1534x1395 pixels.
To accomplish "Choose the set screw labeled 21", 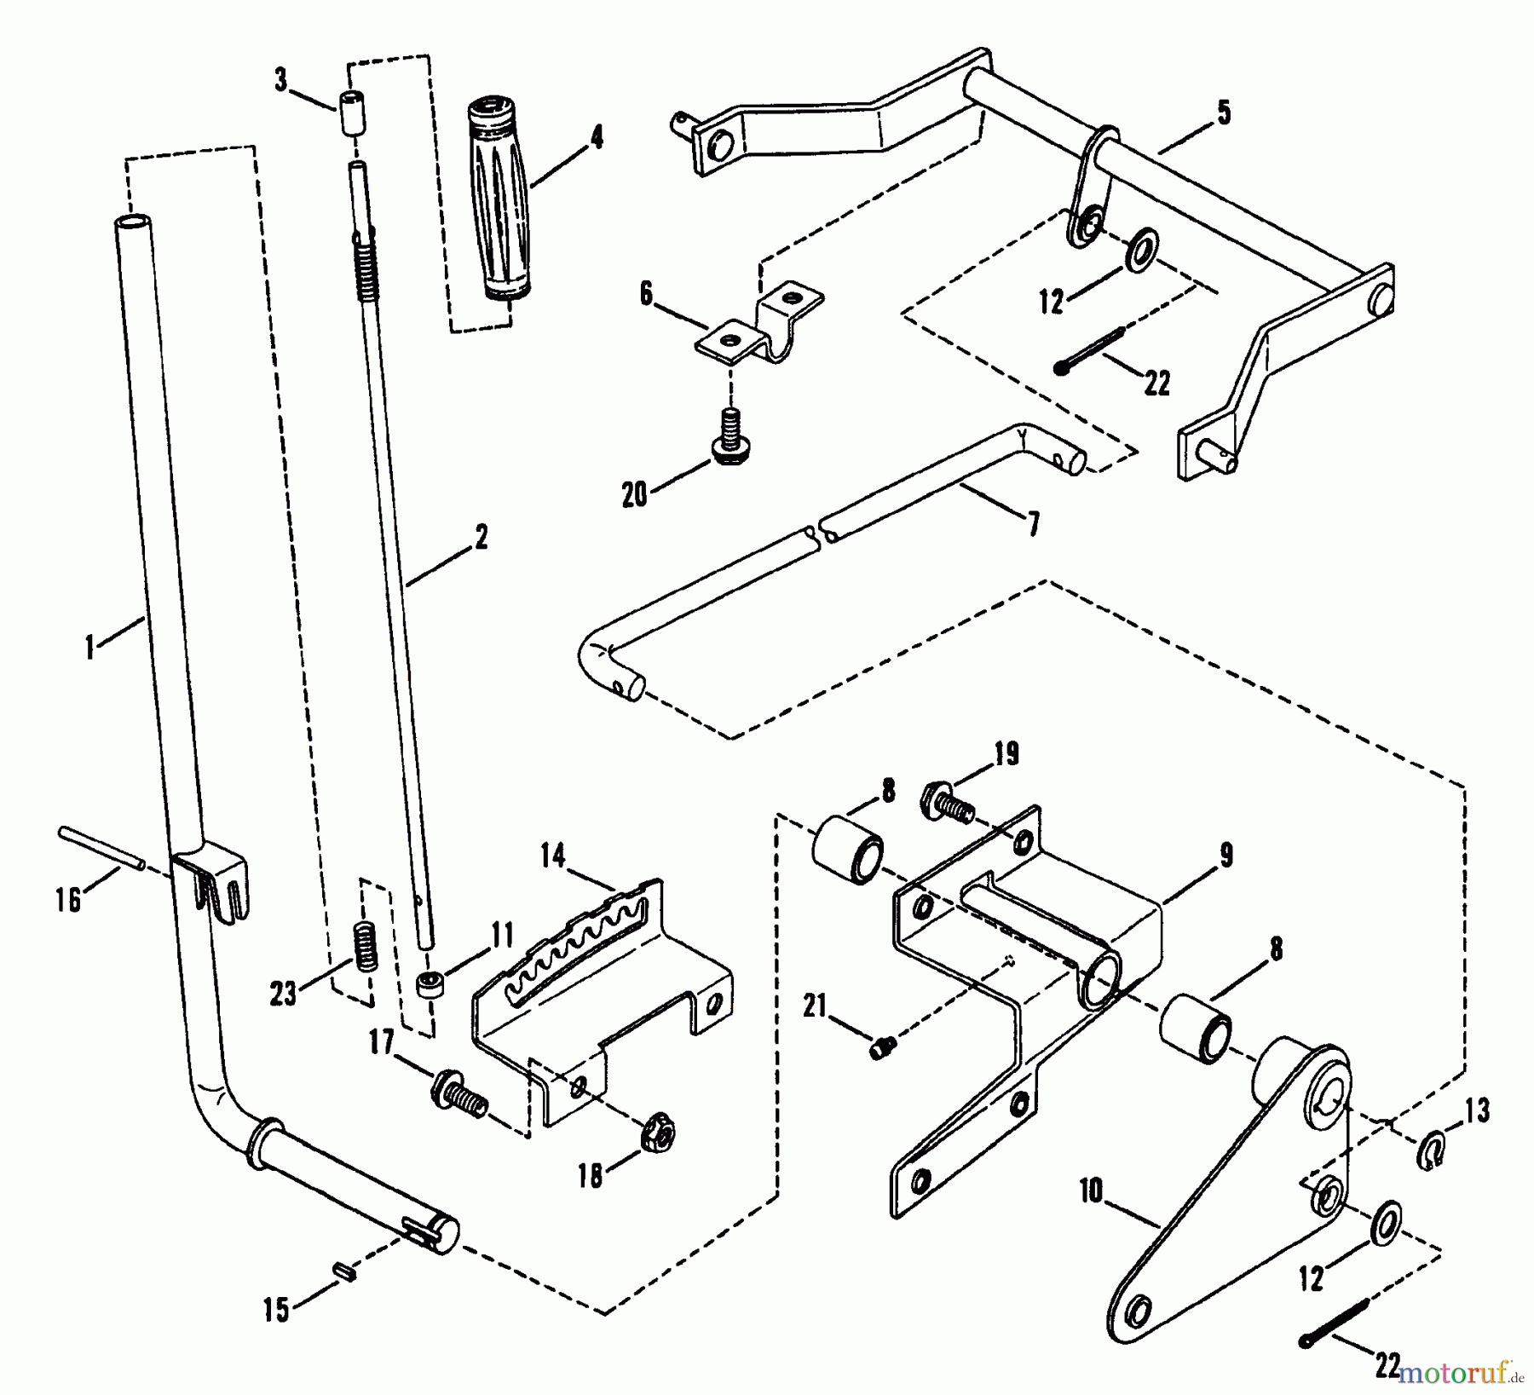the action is click(x=883, y=1047).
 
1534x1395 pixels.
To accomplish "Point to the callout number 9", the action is click(x=1225, y=856).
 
